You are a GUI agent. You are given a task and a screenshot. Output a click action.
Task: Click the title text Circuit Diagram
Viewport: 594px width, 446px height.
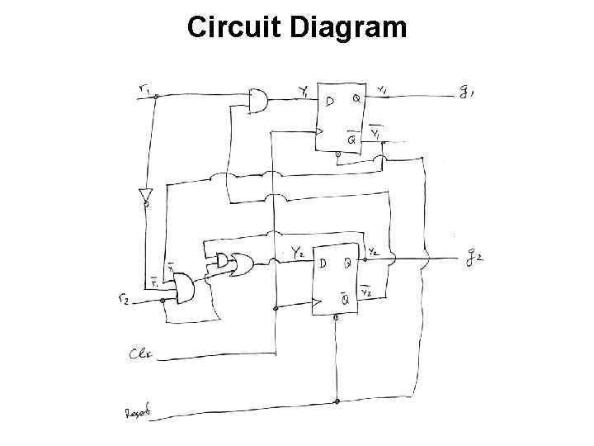297,26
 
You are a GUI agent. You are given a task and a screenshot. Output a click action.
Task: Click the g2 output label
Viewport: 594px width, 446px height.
473,258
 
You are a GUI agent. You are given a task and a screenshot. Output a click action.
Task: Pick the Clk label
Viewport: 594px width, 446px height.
139,356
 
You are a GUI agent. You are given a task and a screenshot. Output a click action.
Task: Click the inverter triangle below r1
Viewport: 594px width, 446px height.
145,197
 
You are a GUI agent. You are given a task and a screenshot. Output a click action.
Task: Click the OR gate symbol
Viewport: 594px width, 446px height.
245,263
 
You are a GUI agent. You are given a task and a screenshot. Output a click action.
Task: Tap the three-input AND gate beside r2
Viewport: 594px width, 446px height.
183,288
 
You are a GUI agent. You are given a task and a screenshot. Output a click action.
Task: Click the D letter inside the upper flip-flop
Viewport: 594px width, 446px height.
330,102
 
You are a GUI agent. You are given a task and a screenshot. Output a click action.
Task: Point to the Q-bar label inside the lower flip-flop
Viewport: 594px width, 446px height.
344,300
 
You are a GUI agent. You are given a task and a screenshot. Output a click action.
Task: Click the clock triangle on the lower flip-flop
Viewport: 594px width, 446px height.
315,304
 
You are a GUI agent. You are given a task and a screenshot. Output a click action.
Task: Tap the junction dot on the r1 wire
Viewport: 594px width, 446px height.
156,97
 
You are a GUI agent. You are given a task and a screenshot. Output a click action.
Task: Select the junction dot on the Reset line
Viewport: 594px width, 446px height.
337,402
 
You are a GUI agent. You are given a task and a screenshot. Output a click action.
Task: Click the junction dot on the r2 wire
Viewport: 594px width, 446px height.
163,301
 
